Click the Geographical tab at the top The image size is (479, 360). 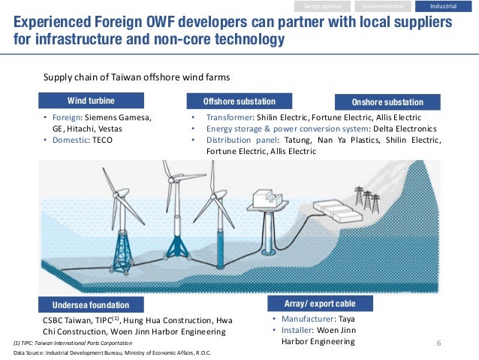click(323, 6)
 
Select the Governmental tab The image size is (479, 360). click(383, 6)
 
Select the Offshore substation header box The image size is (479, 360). click(239, 101)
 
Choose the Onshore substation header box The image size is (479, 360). click(387, 101)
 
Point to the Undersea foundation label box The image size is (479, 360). click(91, 304)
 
